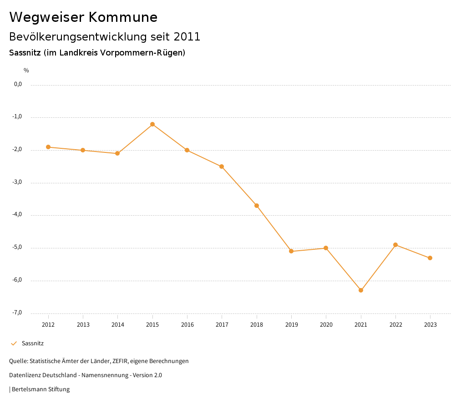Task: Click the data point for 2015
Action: pyautogui.click(x=152, y=124)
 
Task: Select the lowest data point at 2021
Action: pyautogui.click(x=361, y=290)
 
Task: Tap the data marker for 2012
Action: pyautogui.click(x=48, y=147)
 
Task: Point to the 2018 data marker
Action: pyautogui.click(x=257, y=206)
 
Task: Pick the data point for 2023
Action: pyautogui.click(x=430, y=258)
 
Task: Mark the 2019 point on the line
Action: pyautogui.click(x=291, y=251)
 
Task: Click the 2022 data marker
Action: pyautogui.click(x=395, y=245)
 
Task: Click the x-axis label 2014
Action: pyautogui.click(x=118, y=324)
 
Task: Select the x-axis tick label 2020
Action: pyautogui.click(x=326, y=324)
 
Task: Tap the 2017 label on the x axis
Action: pyautogui.click(x=222, y=324)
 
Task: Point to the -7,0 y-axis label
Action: pyautogui.click(x=17, y=313)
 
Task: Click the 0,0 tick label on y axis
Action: pyautogui.click(x=18, y=84)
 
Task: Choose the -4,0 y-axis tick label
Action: pyautogui.click(x=17, y=215)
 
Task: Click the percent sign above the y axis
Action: pyautogui.click(x=26, y=71)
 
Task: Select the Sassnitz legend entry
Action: pyautogui.click(x=32, y=343)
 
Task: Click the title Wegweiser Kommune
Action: pyautogui.click(x=83, y=17)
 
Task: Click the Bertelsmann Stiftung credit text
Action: pyautogui.click(x=41, y=389)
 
